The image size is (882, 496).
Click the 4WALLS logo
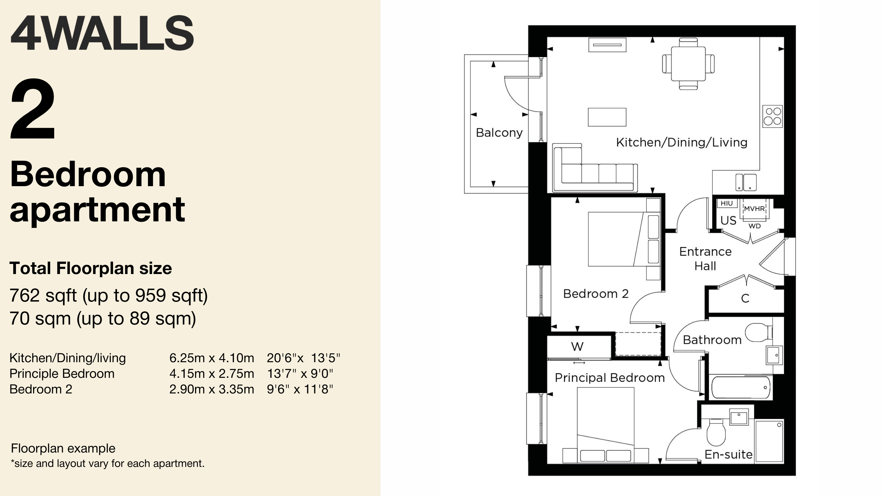pos(102,33)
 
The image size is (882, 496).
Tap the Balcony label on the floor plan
pos(499,133)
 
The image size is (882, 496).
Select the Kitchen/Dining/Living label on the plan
pos(681,142)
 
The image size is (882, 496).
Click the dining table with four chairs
pos(688,64)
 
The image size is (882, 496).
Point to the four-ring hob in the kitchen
pos(773,116)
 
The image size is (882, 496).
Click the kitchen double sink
pos(746,182)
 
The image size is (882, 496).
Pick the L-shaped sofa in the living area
pos(595,167)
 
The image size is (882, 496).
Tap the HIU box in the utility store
pos(726,203)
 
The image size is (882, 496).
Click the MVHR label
pos(754,209)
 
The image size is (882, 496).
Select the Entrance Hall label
pos(705,259)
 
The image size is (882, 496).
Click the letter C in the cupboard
pos(745,299)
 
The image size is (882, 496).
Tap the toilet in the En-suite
pos(716,431)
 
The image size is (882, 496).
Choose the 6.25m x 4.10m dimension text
pos(212,358)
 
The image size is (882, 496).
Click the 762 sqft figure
pos(43,295)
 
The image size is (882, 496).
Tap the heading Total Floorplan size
pos(91,268)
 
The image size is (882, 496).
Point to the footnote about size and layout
pos(107,464)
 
